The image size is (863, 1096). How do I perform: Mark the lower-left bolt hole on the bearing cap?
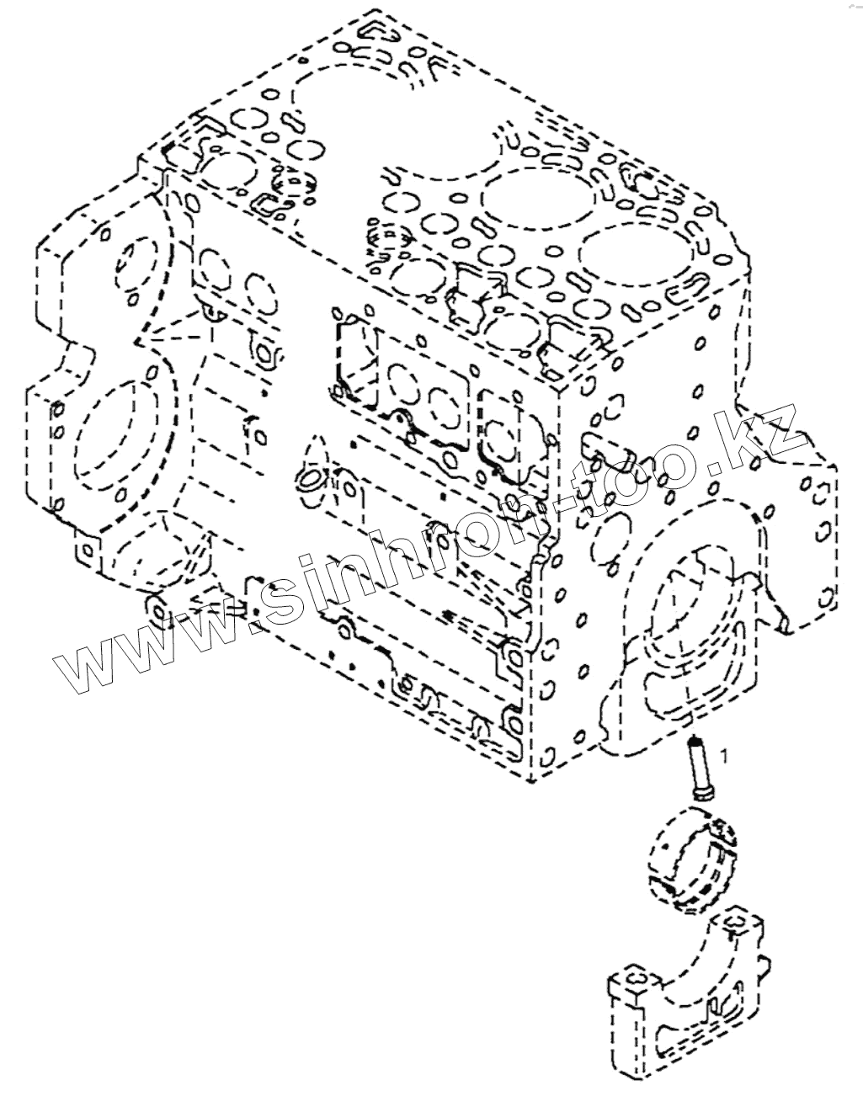(631, 982)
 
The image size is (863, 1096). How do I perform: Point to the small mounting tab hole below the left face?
(153, 608)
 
